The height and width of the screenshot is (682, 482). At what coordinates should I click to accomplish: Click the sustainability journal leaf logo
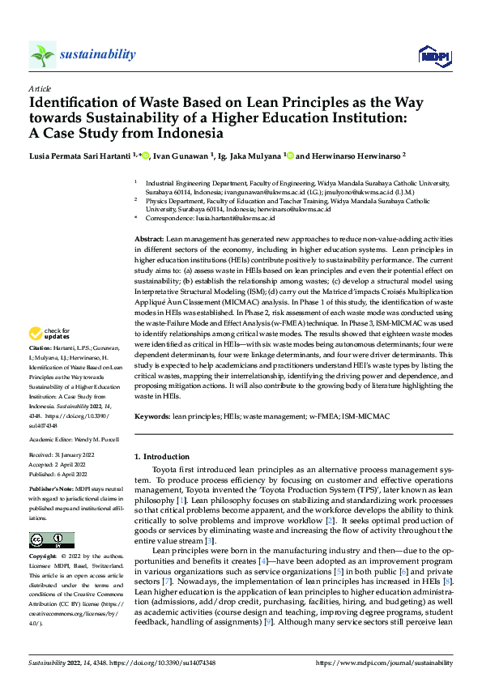(42, 55)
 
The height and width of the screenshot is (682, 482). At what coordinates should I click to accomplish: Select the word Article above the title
(40, 87)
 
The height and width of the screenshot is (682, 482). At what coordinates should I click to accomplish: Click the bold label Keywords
(152, 416)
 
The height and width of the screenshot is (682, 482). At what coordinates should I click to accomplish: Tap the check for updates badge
(49, 334)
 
